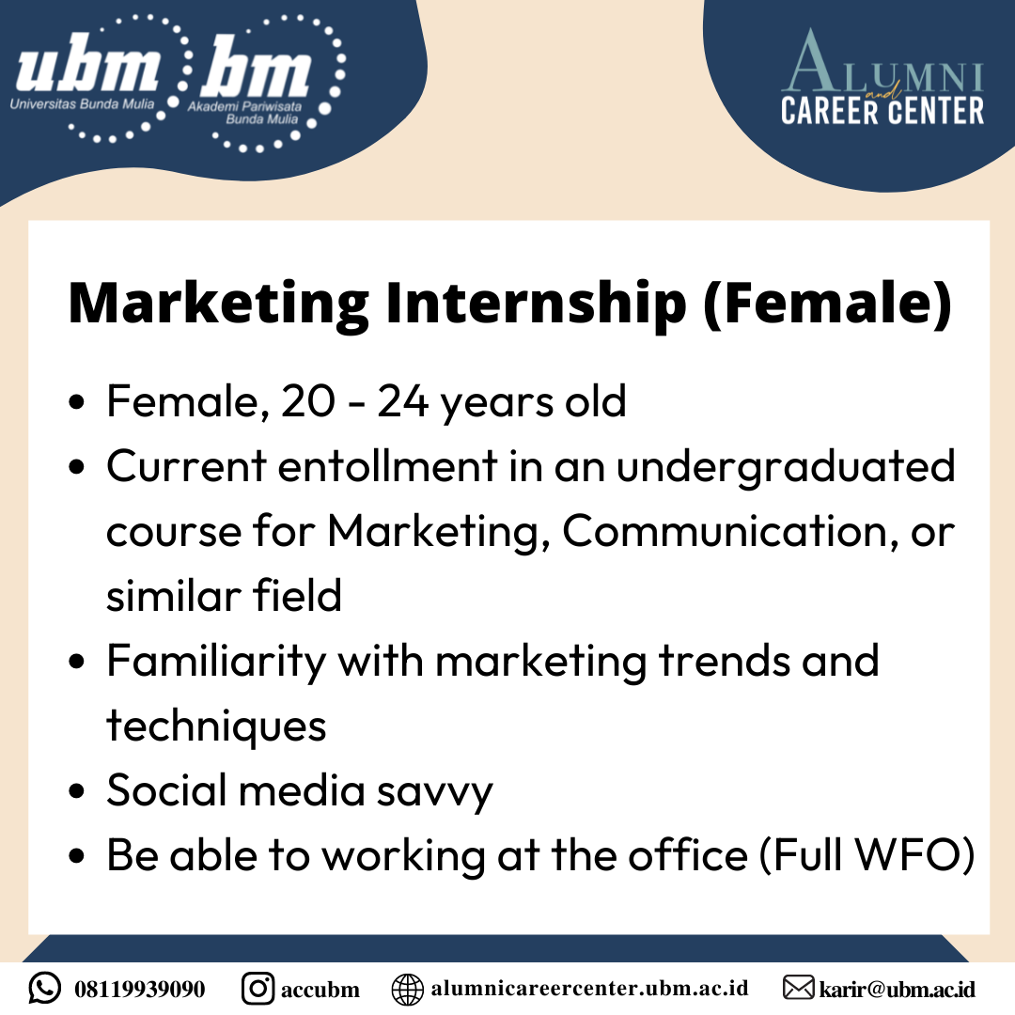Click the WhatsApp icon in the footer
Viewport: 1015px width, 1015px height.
tap(45, 989)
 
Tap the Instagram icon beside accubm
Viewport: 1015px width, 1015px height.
tap(258, 989)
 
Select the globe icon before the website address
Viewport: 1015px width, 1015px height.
tap(408, 989)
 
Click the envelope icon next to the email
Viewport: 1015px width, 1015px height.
tap(798, 989)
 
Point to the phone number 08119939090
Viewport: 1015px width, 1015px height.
tap(140, 989)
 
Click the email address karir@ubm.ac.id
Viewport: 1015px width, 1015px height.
tap(898, 989)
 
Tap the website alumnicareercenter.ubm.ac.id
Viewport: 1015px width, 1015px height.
tap(589, 989)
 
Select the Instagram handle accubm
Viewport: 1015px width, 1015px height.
tap(320, 990)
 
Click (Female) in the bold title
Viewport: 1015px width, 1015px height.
tap(828, 303)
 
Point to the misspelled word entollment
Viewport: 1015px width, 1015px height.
tap(388, 465)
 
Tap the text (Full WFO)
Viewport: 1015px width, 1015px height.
tap(867, 855)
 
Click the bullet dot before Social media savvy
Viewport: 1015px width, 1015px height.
tap(76, 791)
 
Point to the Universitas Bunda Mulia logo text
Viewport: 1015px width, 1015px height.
tap(82, 103)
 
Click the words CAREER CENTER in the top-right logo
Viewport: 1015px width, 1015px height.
tap(882, 111)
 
